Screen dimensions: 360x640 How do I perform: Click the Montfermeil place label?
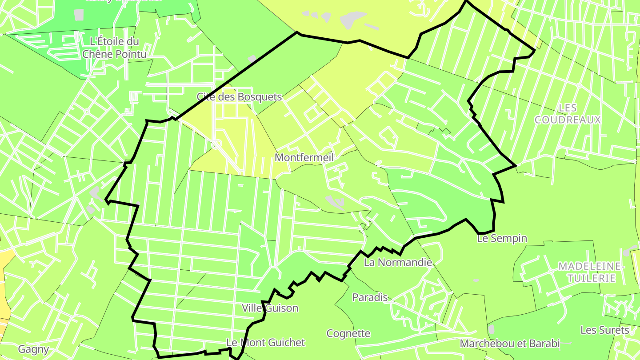(304, 157)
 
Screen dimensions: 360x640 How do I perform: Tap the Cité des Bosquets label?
(239, 97)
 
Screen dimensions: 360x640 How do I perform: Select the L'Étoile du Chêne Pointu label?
(114, 48)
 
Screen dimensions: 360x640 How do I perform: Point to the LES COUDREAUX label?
(568, 114)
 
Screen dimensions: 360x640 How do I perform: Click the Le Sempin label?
(502, 239)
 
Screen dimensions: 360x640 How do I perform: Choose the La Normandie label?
(398, 262)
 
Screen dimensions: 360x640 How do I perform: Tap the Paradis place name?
(370, 297)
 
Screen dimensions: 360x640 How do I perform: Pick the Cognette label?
(348, 333)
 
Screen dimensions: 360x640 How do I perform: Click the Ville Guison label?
(270, 308)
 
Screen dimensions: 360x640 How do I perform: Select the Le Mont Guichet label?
(266, 343)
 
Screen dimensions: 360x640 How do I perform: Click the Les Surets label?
(604, 330)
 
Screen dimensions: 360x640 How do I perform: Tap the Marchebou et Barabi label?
(509, 344)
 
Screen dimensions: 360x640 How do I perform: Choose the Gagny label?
(33, 349)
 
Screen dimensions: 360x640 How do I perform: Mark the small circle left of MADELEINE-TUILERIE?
(550, 271)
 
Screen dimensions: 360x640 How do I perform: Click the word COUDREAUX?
(568, 120)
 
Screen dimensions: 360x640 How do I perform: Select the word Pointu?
(130, 54)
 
